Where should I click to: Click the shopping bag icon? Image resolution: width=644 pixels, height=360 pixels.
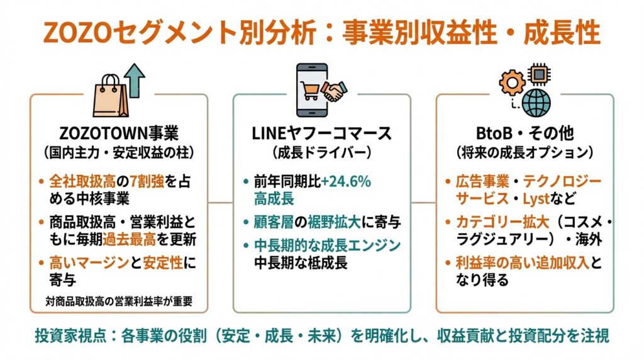pyautogui.click(x=110, y=96)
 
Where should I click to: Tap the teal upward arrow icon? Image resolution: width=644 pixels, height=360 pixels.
pyautogui.click(x=135, y=81)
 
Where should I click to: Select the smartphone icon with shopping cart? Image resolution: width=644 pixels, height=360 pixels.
pyautogui.click(x=312, y=90)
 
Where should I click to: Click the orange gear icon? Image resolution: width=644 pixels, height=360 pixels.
pyautogui.click(x=512, y=82)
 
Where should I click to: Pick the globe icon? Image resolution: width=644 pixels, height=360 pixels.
pyautogui.click(x=536, y=103)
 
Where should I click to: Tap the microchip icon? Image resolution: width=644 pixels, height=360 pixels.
pyautogui.click(x=539, y=74)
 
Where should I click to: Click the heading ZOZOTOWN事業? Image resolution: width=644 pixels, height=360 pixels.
pyautogui.click(x=119, y=133)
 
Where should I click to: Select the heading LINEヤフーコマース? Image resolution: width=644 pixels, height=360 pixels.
pyautogui.click(x=321, y=133)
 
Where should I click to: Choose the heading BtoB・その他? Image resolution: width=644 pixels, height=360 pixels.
pyautogui.click(x=525, y=133)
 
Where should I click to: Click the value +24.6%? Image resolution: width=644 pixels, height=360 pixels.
pyautogui.click(x=346, y=181)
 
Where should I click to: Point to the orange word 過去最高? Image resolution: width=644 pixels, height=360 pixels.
pyautogui.click(x=130, y=240)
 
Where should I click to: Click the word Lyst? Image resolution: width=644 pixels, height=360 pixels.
pyautogui.click(x=536, y=200)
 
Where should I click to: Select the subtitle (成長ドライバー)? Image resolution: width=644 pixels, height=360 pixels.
pyautogui.click(x=321, y=153)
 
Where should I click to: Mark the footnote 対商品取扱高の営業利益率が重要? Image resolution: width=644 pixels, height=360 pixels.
pyautogui.click(x=119, y=301)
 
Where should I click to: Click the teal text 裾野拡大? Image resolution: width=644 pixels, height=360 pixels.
pyautogui.click(x=334, y=222)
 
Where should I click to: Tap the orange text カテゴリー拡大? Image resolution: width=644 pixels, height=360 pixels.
pyautogui.click(x=502, y=222)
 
